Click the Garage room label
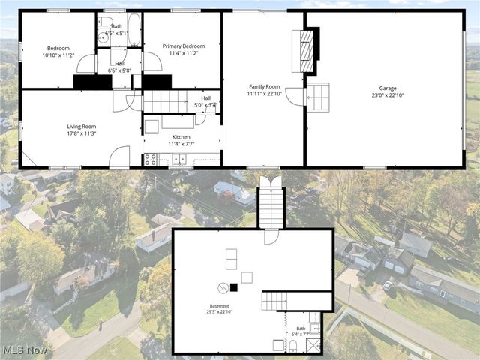(x=388, y=88)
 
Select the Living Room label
(x=81, y=127)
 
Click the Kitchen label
(x=181, y=137)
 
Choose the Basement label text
(x=219, y=306)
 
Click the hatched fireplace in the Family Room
(x=306, y=50)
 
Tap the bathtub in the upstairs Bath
(x=133, y=29)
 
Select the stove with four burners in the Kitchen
(x=150, y=159)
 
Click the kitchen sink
(x=178, y=159)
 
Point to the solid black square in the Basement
(x=234, y=286)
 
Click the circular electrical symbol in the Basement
(x=223, y=287)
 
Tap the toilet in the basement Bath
(x=293, y=346)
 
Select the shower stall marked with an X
(x=313, y=344)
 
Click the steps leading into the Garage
(x=318, y=97)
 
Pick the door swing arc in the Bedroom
(x=85, y=64)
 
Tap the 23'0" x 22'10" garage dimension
(x=388, y=95)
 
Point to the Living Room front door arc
(x=119, y=157)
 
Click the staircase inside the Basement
(x=274, y=301)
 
